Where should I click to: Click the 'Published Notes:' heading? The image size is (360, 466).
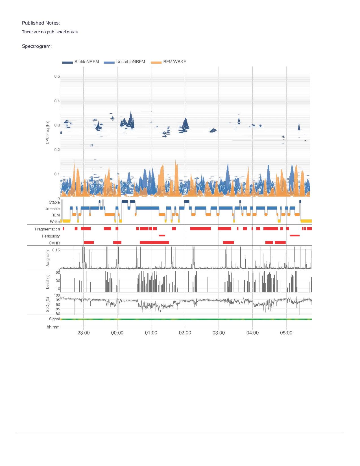coord(41,23)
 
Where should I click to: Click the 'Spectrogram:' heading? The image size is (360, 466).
coord(37,46)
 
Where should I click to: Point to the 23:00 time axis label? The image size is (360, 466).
coord(84,333)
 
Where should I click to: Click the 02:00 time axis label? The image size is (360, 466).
coord(185,333)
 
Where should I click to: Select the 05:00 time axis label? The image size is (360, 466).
coord(286,333)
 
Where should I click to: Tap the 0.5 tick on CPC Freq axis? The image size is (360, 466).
coord(57,76)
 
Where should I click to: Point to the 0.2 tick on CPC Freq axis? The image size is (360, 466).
coord(57,150)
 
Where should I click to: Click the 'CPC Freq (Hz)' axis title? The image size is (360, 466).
coord(47,132)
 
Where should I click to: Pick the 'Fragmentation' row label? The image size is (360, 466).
coord(47,229)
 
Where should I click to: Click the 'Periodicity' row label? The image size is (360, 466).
coord(51,236)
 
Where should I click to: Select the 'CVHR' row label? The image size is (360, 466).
coord(54,243)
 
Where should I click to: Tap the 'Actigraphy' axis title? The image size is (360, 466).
coord(47,258)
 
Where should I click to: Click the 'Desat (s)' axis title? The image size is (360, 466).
coord(47,282)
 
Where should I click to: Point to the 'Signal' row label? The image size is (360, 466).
coord(54,319)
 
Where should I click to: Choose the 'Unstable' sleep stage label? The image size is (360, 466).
coord(52,209)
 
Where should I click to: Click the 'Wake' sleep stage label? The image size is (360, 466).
coord(55,222)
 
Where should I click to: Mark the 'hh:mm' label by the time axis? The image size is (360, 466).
coord(53,327)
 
